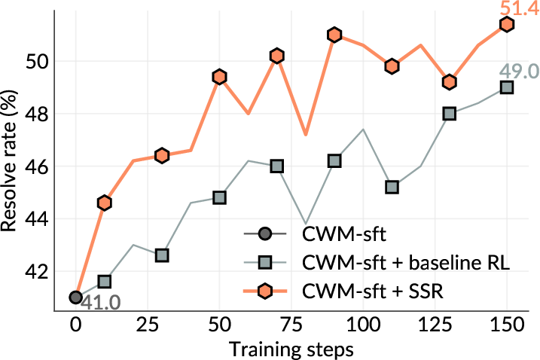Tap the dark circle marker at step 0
pyautogui.click(x=75, y=297)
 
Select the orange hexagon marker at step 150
pyautogui.click(x=507, y=24)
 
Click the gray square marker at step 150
pyautogui.click(x=507, y=87)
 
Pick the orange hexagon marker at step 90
pyautogui.click(x=334, y=35)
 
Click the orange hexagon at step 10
pyautogui.click(x=105, y=203)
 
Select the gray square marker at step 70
pyautogui.click(x=277, y=166)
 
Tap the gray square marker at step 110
pyautogui.click(x=392, y=187)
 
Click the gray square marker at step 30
pyautogui.click(x=162, y=255)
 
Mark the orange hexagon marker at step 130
pyautogui.click(x=450, y=81)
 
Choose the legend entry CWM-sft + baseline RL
pyautogui.click(x=406, y=263)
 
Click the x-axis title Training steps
pyautogui.click(x=291, y=349)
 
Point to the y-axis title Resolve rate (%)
pyautogui.click(x=10, y=161)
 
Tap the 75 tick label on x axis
pyautogui.click(x=276, y=325)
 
